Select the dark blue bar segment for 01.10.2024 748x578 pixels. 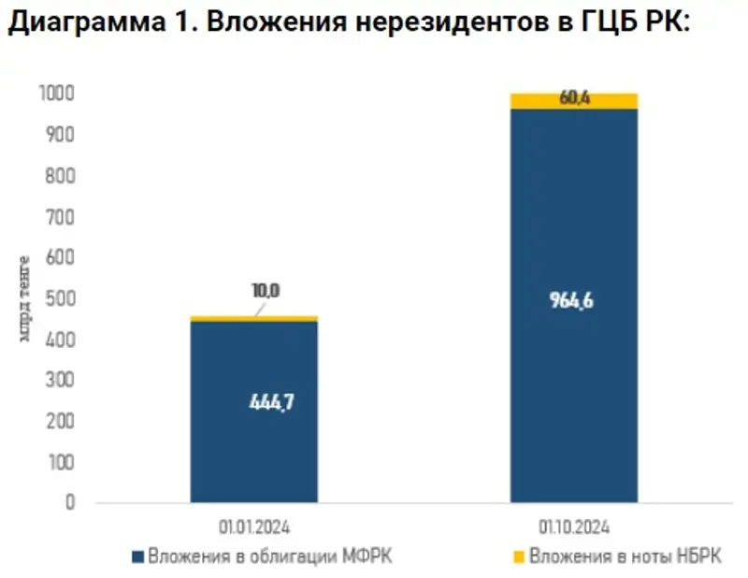coord(573,393)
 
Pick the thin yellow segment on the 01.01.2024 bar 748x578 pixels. coord(253,319)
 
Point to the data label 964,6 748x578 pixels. coord(573,301)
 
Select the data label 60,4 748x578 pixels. coord(573,96)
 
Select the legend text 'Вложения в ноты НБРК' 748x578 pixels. coord(626,557)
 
